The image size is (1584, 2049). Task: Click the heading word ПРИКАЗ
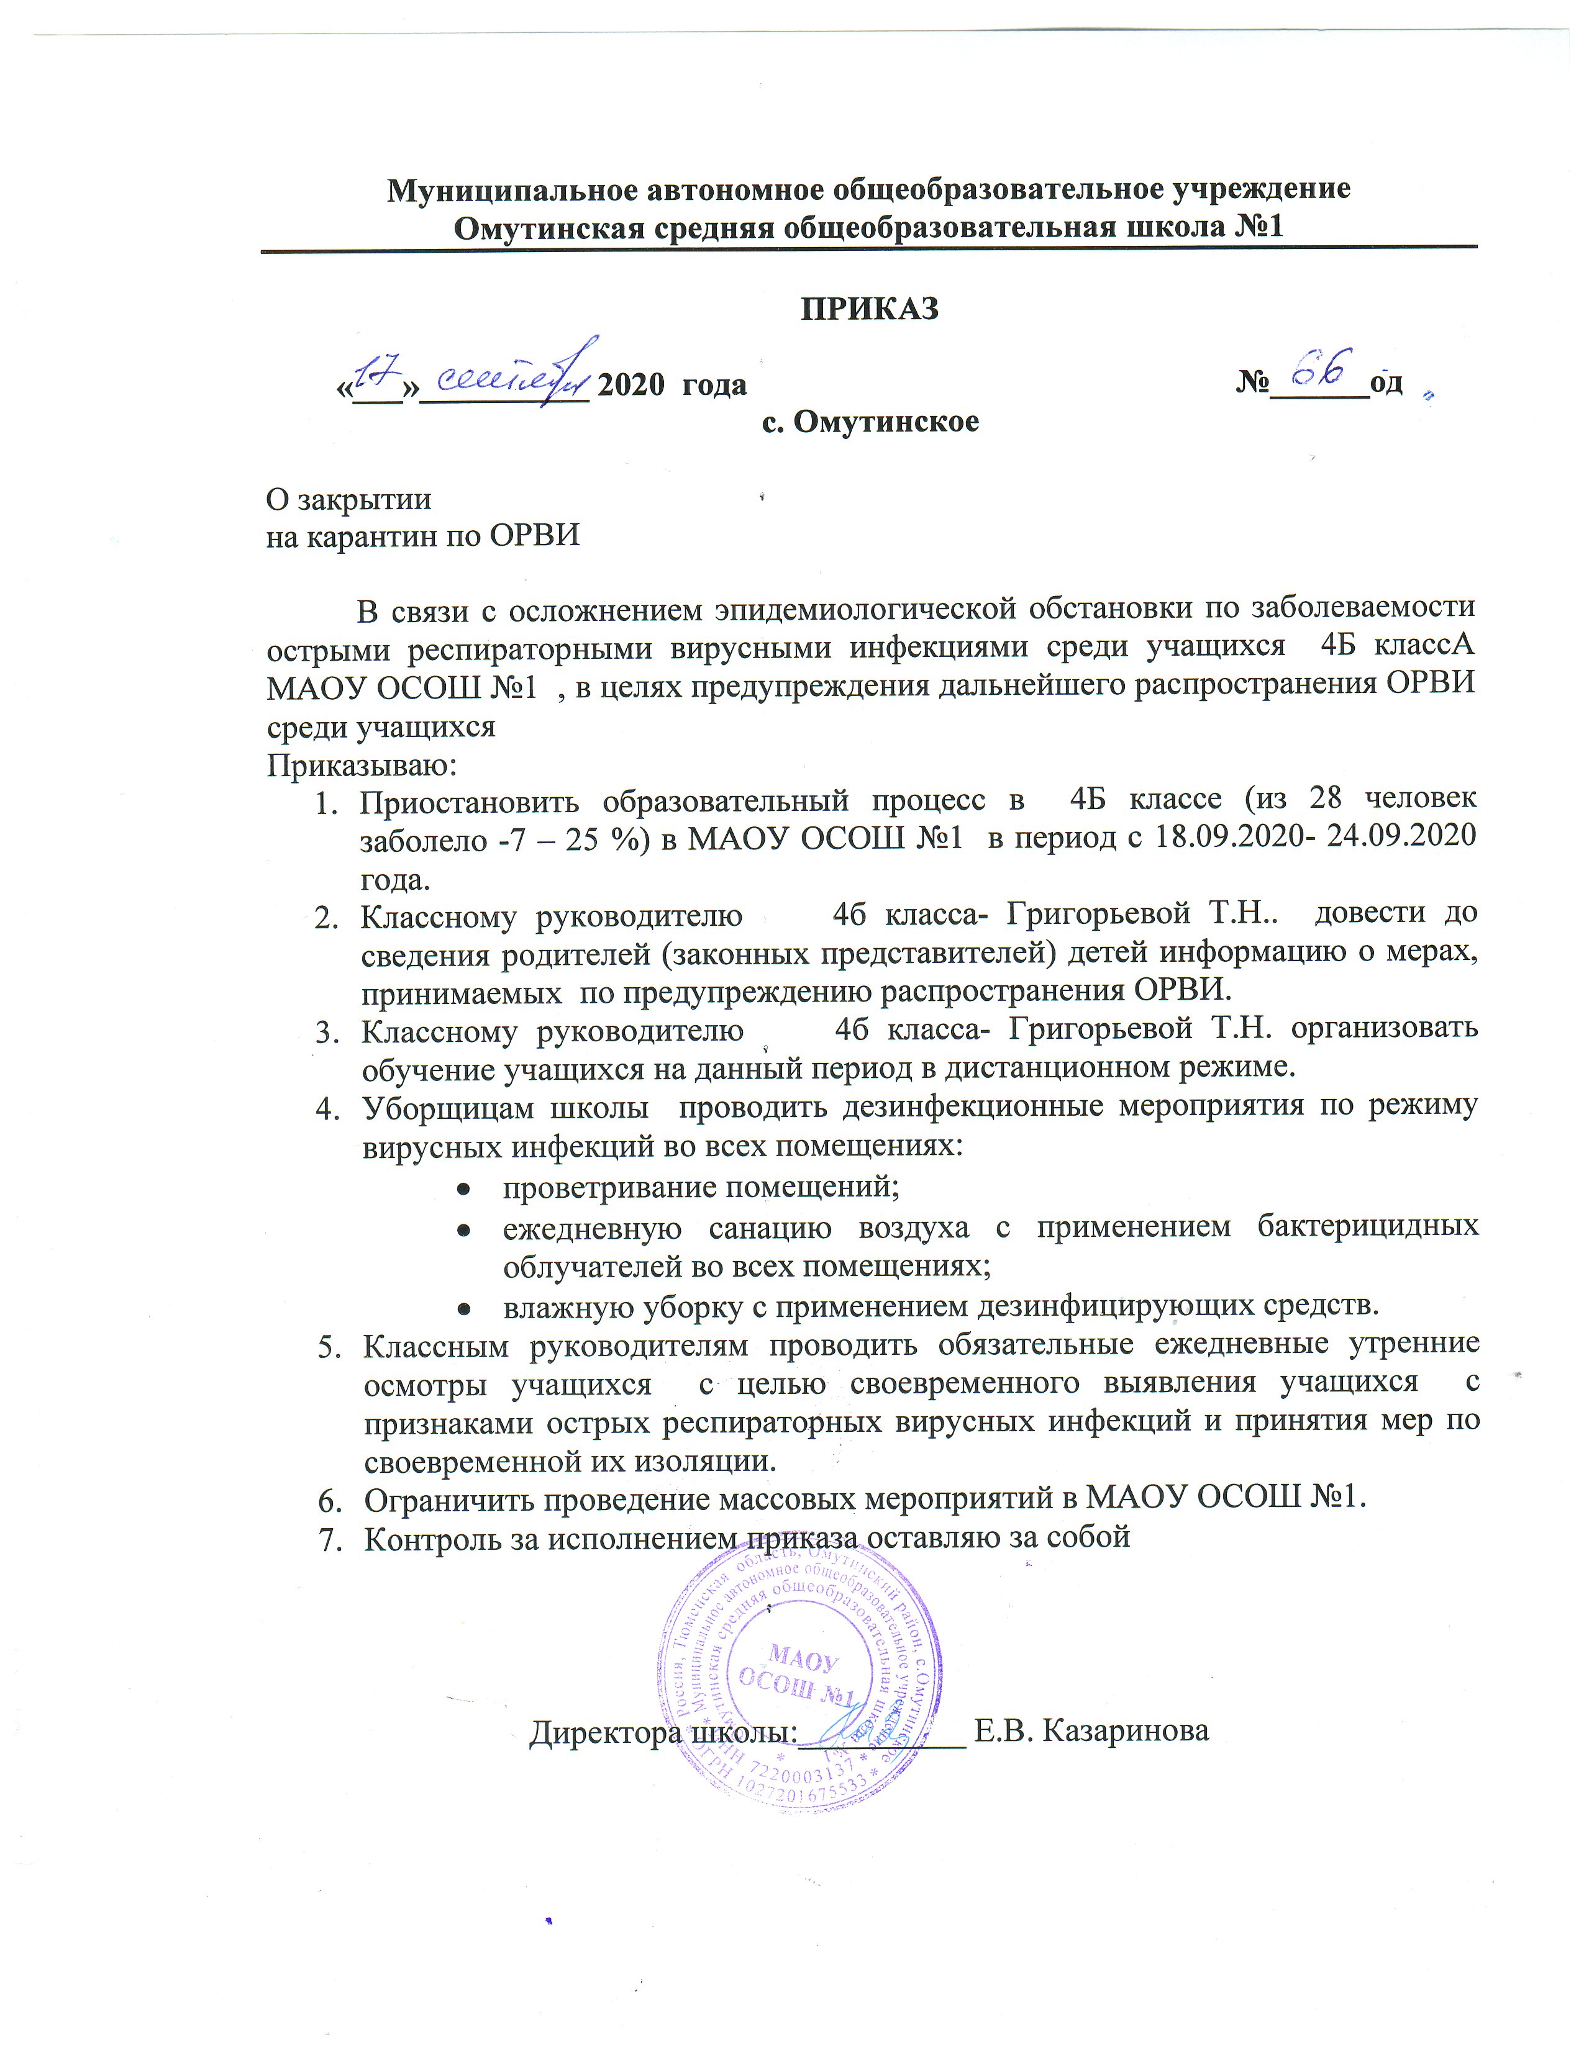pos(869,309)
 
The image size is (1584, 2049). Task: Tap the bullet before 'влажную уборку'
pos(463,1308)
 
